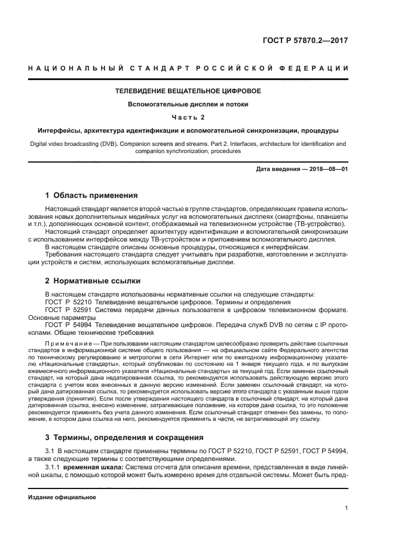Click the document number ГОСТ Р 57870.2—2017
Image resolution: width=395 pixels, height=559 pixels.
click(305, 41)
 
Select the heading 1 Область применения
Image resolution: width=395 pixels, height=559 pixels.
click(92, 195)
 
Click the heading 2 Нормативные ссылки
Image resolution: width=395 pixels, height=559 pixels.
click(91, 280)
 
